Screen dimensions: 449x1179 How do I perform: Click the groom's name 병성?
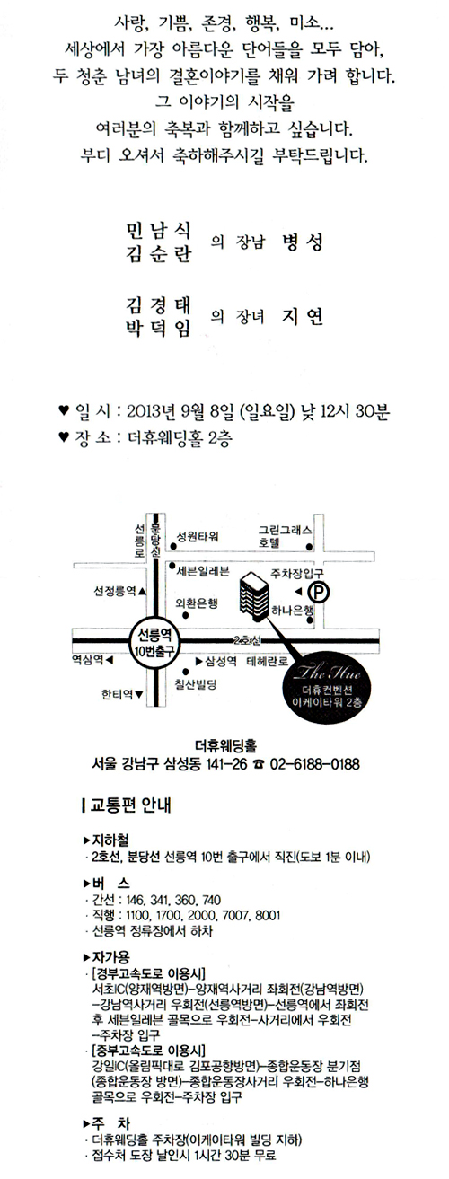tap(302, 242)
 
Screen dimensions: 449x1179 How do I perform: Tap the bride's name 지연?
tap(302, 317)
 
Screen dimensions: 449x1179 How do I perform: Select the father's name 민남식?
tap(158, 230)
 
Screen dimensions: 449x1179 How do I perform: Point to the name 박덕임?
tap(158, 329)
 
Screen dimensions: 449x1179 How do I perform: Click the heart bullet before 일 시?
tap(64, 409)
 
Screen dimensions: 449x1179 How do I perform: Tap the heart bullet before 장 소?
tap(64, 436)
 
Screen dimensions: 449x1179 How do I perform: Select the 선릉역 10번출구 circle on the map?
tap(155, 641)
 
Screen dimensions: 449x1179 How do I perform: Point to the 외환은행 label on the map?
tap(197, 603)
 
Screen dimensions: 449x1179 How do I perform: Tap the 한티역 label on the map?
tap(117, 694)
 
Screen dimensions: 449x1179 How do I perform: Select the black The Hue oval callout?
tap(328, 686)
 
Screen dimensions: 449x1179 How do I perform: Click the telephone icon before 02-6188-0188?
tap(258, 765)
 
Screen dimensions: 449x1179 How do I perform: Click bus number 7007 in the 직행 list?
tap(234, 915)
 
